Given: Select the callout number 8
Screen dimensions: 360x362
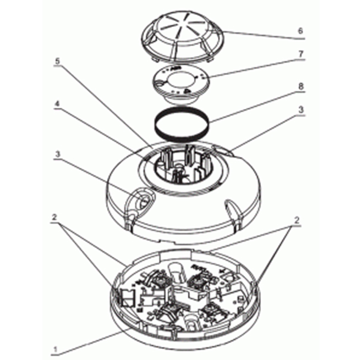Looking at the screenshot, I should [300, 87].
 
